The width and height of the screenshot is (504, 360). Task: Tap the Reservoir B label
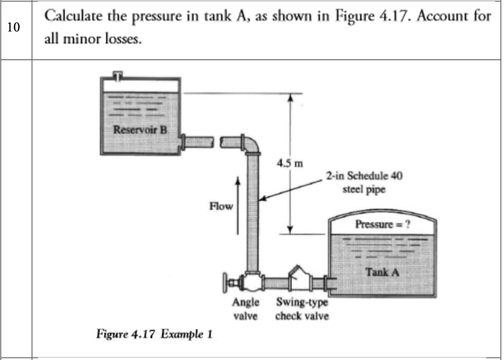click(x=139, y=131)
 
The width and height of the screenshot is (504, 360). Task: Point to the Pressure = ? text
click(x=383, y=225)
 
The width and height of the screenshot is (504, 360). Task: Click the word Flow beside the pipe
click(x=220, y=206)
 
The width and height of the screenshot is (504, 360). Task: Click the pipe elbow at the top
click(x=250, y=143)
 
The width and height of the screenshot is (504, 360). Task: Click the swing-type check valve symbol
click(x=297, y=277)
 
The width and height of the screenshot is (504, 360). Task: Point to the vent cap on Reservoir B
click(x=119, y=75)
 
